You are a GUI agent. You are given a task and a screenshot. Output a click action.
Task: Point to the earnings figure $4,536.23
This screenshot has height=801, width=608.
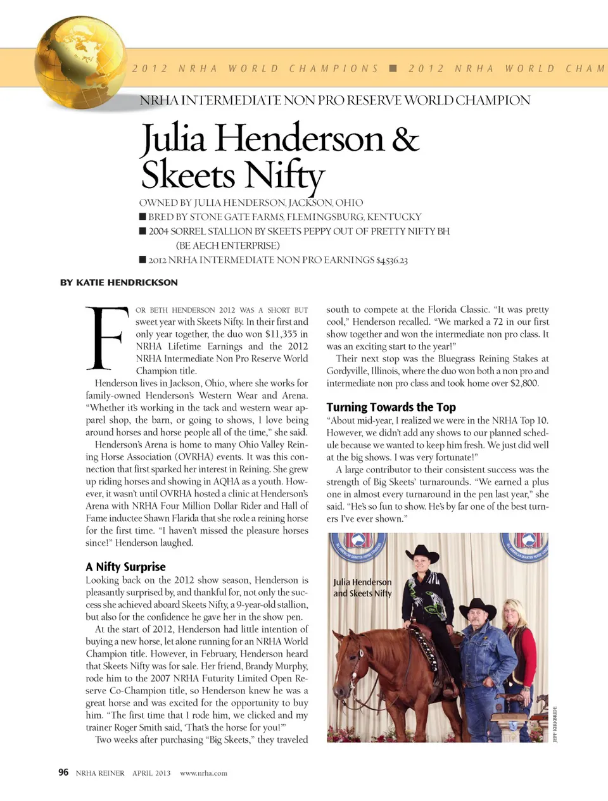[x=392, y=260]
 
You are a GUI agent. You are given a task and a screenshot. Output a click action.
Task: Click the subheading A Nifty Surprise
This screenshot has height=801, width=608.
[x=125, y=567]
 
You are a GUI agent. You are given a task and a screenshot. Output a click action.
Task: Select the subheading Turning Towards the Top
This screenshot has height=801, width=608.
[x=391, y=407]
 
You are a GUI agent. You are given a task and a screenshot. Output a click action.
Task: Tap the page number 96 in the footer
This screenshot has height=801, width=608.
[x=63, y=773]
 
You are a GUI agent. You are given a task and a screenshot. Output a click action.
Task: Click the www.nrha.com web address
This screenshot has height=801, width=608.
[x=203, y=773]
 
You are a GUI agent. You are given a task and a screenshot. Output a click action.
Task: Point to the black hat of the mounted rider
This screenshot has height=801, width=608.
[x=422, y=554]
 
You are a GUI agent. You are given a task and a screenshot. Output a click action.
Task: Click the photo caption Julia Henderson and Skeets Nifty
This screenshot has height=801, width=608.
[x=362, y=588]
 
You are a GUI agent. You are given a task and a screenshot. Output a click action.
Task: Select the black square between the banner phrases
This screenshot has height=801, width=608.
[x=393, y=68]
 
